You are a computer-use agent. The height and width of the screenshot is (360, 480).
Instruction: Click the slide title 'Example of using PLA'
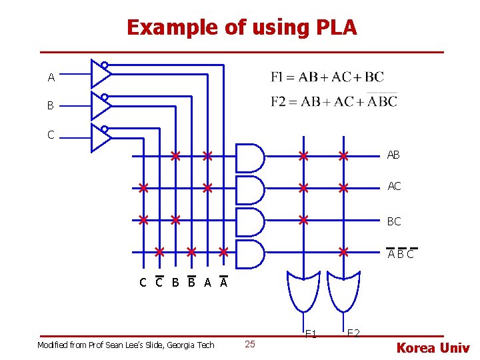pyautogui.click(x=241, y=27)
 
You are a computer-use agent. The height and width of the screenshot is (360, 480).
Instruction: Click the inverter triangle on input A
pyautogui.click(x=100, y=73)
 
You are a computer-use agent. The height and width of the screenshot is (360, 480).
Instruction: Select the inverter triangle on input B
pyautogui.click(x=100, y=105)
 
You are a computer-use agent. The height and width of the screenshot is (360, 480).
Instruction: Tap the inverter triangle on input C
pyautogui.click(x=100, y=137)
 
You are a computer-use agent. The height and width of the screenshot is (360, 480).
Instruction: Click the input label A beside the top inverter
pyautogui.click(x=51, y=78)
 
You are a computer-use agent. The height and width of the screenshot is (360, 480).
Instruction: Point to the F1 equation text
pyautogui.click(x=327, y=77)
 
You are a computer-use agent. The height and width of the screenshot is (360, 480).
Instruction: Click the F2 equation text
pyautogui.click(x=333, y=101)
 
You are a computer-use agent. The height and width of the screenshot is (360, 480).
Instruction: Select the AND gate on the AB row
pyautogui.click(x=250, y=158)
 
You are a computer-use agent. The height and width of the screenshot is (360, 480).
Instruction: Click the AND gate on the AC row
pyautogui.click(x=250, y=190)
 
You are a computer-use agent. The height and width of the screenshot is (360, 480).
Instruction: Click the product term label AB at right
pyautogui.click(x=393, y=155)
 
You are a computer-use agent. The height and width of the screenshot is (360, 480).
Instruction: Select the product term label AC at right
pyautogui.click(x=394, y=186)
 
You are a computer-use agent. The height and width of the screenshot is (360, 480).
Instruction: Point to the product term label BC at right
pyautogui.click(x=394, y=221)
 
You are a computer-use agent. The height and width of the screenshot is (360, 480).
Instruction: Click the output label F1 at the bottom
pyautogui.click(x=311, y=334)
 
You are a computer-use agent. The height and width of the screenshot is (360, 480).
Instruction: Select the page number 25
pyautogui.click(x=250, y=344)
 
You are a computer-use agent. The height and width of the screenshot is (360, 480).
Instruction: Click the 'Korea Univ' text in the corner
pyautogui.click(x=433, y=347)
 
